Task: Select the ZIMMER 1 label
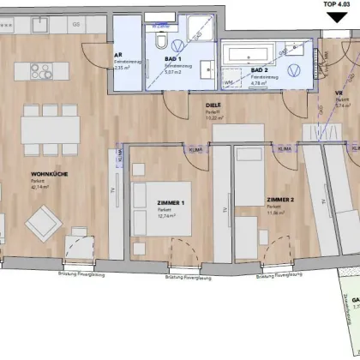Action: click(x=171, y=202)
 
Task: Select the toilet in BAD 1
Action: click(x=160, y=42)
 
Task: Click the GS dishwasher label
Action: click(x=76, y=25)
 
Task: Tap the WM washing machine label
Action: click(x=228, y=82)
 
